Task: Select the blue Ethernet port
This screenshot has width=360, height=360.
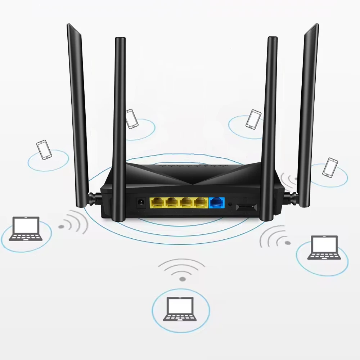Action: coord(216,203)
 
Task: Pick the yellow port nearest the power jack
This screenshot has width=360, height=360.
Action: coord(157,203)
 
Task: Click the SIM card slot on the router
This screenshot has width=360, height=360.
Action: coord(246,207)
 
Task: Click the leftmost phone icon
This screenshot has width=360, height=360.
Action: coord(44,150)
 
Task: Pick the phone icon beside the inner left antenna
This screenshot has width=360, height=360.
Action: coord(132,119)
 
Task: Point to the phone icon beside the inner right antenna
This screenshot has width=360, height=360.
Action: coord(253,119)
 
